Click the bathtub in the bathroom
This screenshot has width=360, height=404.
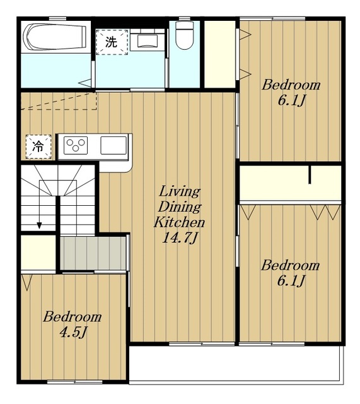[x=54, y=37]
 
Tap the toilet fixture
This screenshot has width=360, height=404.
[x=184, y=35]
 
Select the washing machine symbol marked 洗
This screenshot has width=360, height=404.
[x=112, y=42]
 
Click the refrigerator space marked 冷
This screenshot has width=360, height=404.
[x=38, y=147]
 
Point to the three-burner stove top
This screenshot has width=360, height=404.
[x=76, y=146]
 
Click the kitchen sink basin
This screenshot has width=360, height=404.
[x=113, y=146]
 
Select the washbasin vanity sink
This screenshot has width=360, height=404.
[x=147, y=40]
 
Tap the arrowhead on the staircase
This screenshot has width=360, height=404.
[x=39, y=225]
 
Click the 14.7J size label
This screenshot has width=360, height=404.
[x=180, y=238]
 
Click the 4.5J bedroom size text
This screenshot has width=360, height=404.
[x=73, y=333]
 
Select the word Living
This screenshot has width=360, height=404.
[x=180, y=191]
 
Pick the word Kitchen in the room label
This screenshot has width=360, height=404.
[x=179, y=222]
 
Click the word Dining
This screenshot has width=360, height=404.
[x=180, y=207]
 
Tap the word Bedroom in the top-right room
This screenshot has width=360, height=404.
[x=291, y=85]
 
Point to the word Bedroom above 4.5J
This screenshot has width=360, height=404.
[x=73, y=317]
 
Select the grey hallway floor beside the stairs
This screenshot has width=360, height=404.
[x=93, y=253]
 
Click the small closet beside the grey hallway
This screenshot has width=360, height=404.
[x=38, y=252]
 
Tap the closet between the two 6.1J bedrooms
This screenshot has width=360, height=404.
[x=291, y=183]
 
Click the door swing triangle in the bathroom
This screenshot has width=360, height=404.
[x=86, y=83]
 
